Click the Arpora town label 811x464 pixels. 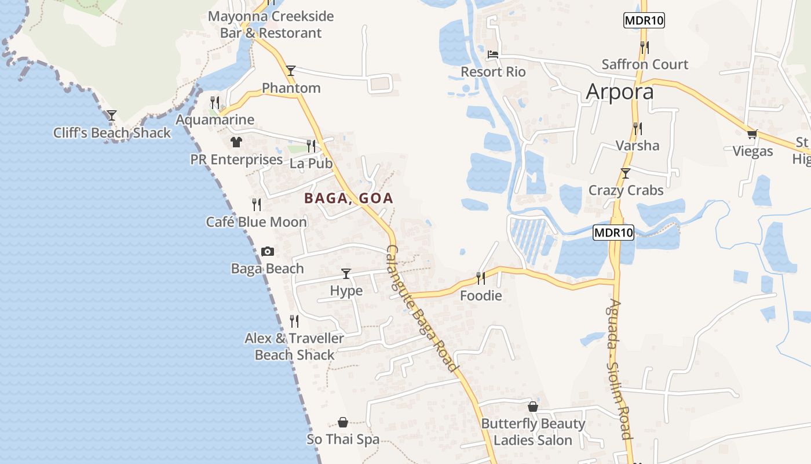click(x=619, y=92)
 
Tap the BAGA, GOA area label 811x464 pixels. click(x=349, y=198)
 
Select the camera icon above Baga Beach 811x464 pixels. click(x=267, y=251)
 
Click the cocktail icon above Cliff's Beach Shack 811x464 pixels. click(x=112, y=115)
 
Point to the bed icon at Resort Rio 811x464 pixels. click(x=493, y=55)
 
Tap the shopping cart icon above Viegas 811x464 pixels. click(x=752, y=135)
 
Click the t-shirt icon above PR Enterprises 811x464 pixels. click(x=236, y=142)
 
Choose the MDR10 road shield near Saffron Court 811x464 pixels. click(x=644, y=21)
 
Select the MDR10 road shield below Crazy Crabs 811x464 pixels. click(x=613, y=233)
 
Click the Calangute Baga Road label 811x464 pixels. click(x=421, y=309)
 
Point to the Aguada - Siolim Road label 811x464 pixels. click(x=619, y=369)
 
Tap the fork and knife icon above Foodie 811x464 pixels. click(x=481, y=278)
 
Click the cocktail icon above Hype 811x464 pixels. click(x=346, y=273)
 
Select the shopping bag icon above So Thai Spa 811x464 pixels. click(x=343, y=422)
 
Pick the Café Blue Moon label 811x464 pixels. click(x=257, y=222)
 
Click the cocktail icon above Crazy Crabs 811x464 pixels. click(x=625, y=173)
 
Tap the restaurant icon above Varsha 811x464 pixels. click(x=637, y=128)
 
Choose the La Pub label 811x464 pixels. click(x=311, y=164)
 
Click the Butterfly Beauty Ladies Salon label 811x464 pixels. click(x=533, y=432)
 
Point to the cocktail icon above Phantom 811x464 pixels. click(x=291, y=71)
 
